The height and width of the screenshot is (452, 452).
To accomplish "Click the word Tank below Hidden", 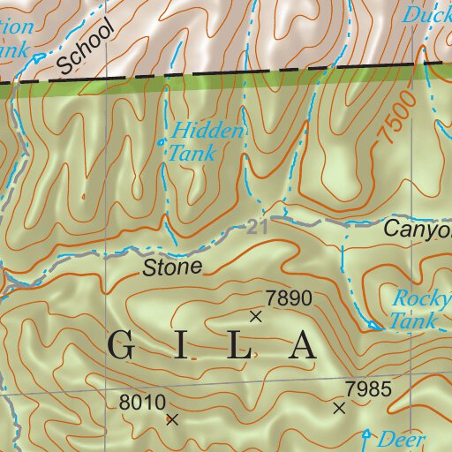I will tap(192, 153).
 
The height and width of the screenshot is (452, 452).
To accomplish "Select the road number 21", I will tap(257, 228).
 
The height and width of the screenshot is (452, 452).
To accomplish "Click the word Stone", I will tap(173, 266).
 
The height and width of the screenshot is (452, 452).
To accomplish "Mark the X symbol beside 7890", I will tap(256, 315).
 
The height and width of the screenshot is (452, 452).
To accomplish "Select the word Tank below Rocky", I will tap(413, 321).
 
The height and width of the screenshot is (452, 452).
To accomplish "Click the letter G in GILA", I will tap(124, 346).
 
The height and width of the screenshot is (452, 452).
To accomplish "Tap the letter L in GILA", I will tap(239, 346).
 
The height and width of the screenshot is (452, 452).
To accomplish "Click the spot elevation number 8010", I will tap(141, 403).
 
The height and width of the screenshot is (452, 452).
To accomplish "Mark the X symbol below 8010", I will tap(171, 420).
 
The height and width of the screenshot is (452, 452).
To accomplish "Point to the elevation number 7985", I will tap(368, 388).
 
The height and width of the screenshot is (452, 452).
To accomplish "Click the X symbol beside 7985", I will tap(339, 407).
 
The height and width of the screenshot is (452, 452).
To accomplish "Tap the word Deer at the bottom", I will tap(402, 439).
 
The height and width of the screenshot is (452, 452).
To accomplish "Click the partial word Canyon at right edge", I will tap(417, 230).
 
